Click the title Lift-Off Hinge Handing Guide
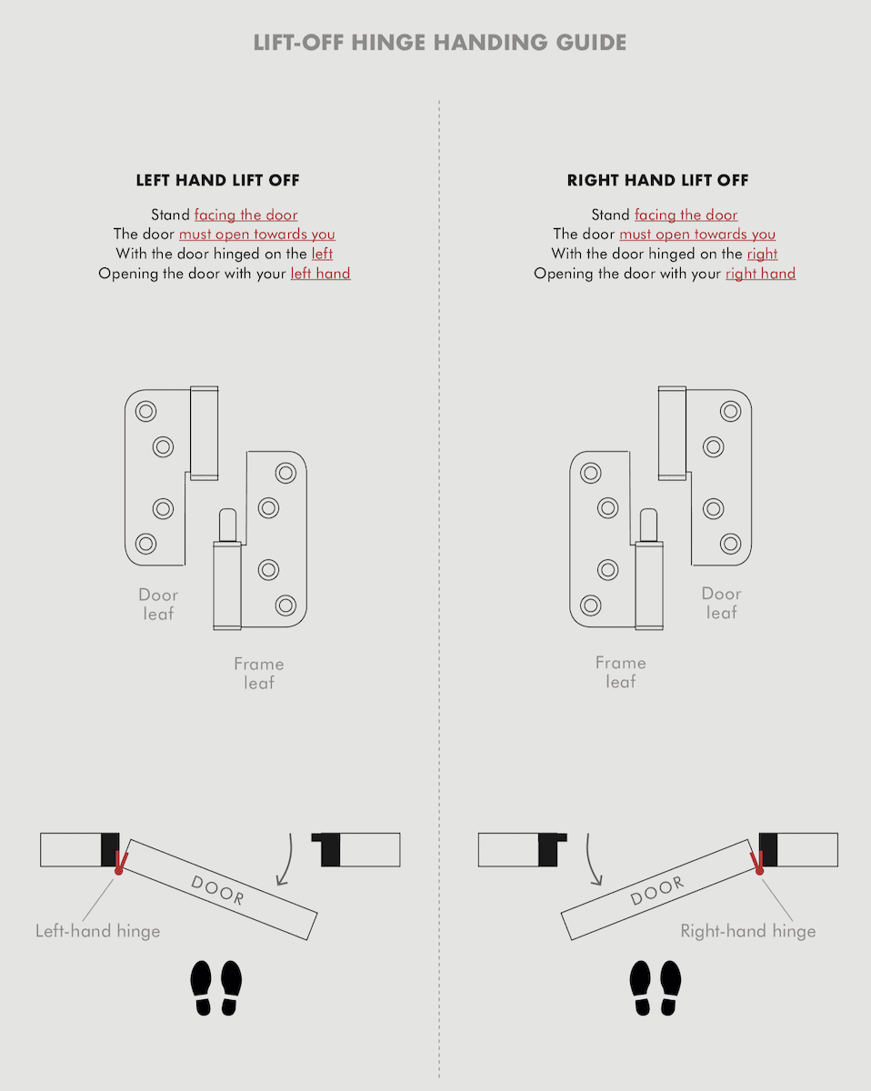[439, 43]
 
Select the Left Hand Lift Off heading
[217, 180]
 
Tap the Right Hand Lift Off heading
[657, 180]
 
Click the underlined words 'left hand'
[320, 274]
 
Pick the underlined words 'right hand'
[760, 274]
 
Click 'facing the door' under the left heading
[245, 215]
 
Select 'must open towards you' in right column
[697, 235]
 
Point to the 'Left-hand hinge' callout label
[97, 930]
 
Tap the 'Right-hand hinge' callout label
[747, 930]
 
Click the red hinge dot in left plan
[118, 870]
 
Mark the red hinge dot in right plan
[758, 870]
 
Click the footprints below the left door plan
[216, 987]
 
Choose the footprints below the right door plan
[656, 987]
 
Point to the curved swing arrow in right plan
[592, 859]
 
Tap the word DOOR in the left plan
[217, 888]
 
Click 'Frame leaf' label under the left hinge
[258, 673]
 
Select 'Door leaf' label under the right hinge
[721, 603]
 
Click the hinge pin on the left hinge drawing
[226, 525]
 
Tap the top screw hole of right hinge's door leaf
[730, 411]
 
